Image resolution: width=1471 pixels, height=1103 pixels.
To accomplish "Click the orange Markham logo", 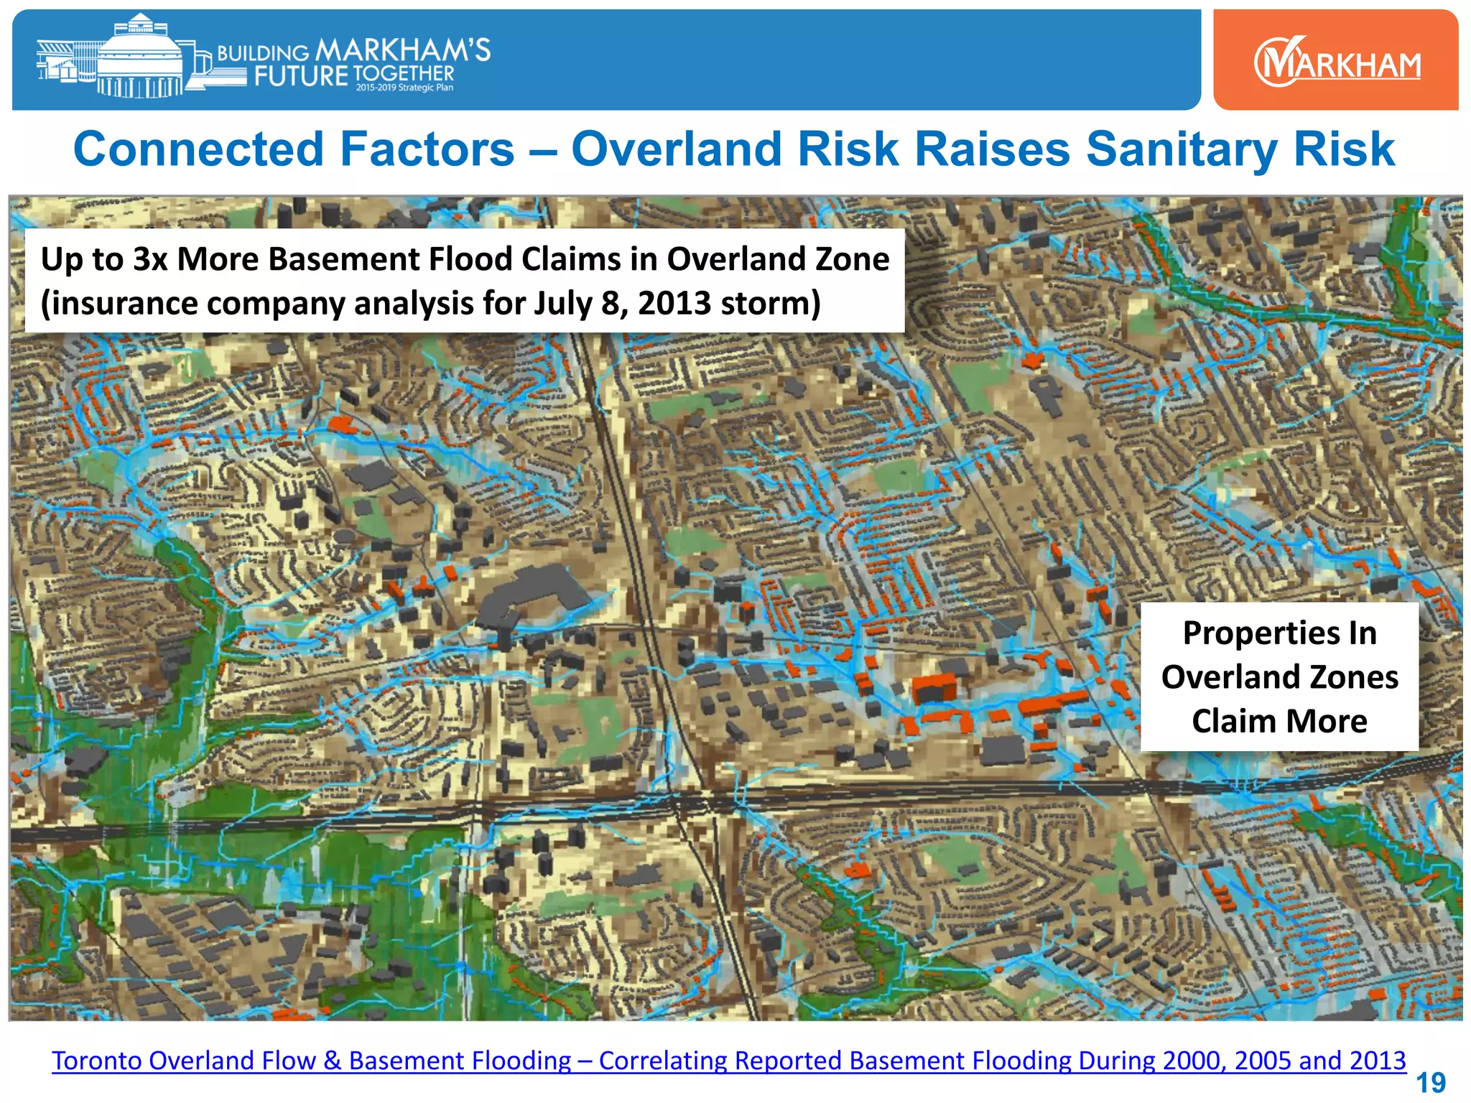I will point(1335,60).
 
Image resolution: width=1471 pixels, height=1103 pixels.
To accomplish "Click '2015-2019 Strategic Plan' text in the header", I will point(404,88).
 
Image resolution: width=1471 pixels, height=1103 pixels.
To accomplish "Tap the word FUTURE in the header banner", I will point(301,75).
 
